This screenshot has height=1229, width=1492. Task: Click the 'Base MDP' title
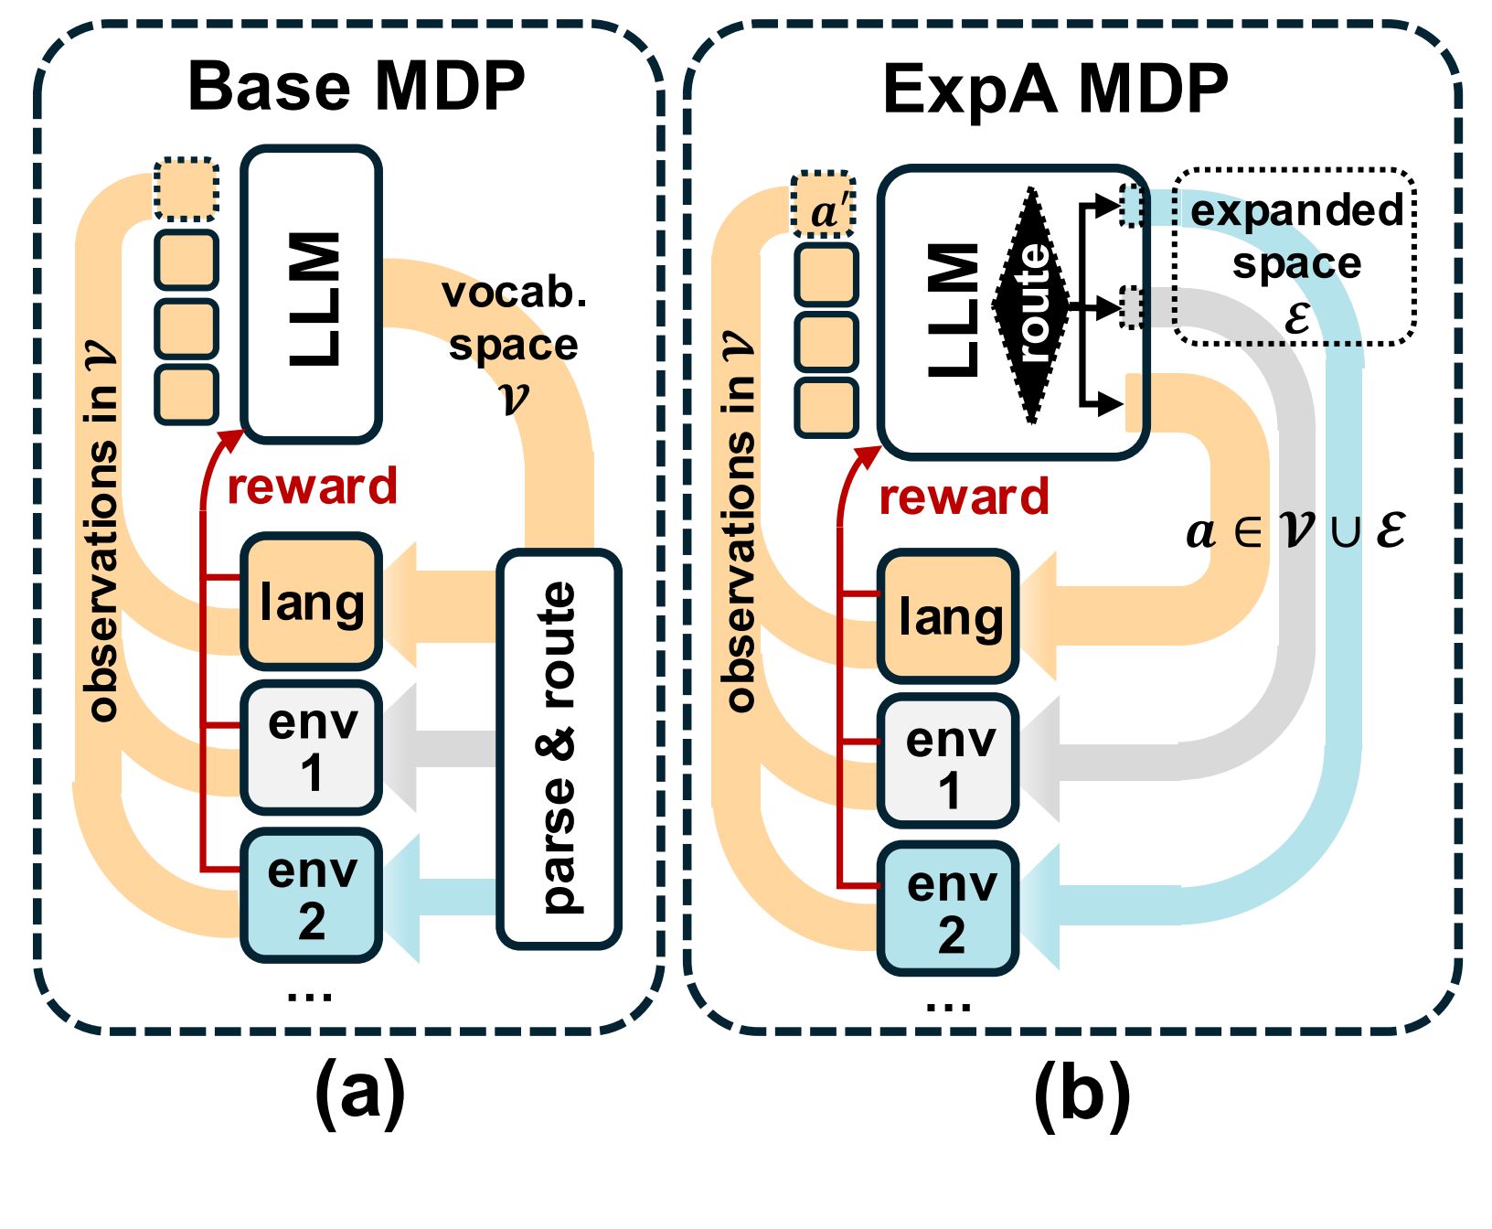[357, 87]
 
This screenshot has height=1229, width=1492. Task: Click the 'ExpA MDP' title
[1056, 91]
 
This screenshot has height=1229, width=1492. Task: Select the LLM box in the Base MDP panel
[312, 294]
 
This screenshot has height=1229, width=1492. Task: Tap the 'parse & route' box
[559, 748]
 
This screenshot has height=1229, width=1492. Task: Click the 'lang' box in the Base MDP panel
[312, 602]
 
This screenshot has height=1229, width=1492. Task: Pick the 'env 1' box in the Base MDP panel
[312, 747]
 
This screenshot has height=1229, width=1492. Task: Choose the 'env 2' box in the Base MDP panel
[312, 895]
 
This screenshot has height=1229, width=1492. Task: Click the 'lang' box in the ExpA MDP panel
[949, 616]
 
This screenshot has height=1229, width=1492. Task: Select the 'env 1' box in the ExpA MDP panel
[949, 762]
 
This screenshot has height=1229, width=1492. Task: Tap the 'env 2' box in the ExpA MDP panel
[949, 908]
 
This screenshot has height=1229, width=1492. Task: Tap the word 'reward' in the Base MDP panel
[313, 486]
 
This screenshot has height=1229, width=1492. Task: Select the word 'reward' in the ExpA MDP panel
[964, 497]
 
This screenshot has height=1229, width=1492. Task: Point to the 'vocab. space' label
[514, 345]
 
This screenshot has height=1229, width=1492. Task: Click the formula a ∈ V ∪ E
[1295, 530]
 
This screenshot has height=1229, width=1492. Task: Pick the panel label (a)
[359, 1093]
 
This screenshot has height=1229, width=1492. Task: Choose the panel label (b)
[1082, 1095]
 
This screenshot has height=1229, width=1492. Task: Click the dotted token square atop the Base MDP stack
[186, 189]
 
